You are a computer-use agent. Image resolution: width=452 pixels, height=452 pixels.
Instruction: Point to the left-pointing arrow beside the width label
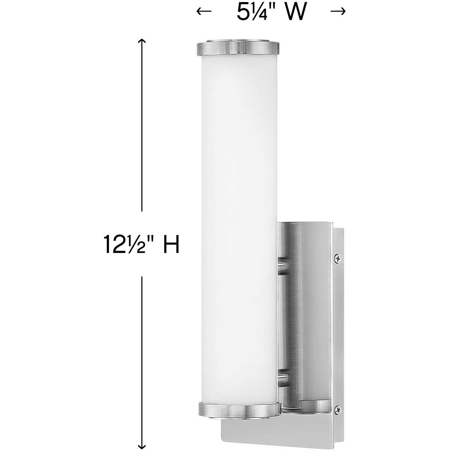tap(204, 12)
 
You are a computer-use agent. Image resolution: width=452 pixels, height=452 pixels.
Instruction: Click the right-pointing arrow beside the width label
tap(338, 12)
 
